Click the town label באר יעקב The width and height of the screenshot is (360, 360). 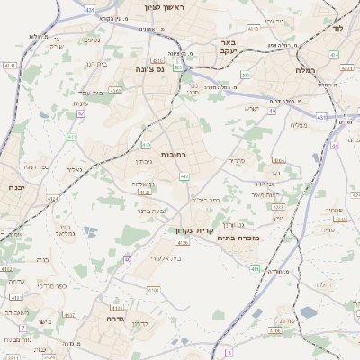click(x=227, y=47)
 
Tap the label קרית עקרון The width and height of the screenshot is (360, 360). click(x=194, y=230)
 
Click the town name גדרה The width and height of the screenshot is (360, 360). click(x=114, y=319)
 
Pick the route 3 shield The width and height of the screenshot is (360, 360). click(x=229, y=351)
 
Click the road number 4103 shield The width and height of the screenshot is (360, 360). click(x=118, y=307)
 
